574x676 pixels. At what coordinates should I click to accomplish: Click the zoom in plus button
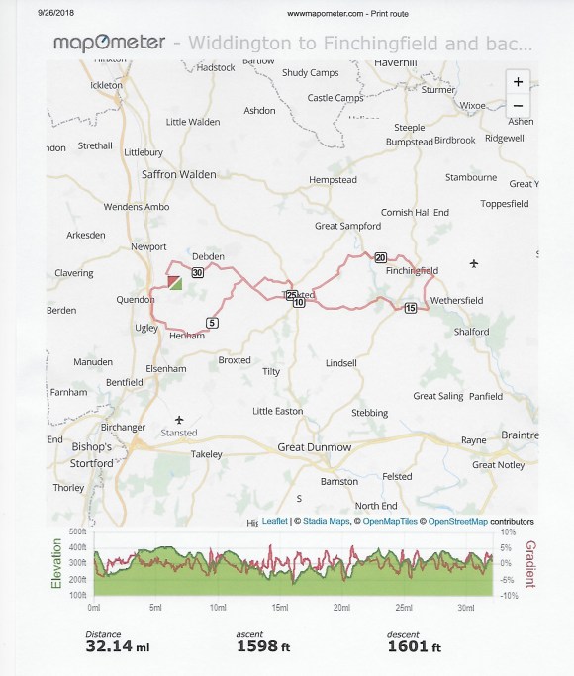click(520, 82)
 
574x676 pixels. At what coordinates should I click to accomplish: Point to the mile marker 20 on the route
click(381, 257)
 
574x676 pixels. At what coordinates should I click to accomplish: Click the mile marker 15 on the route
click(411, 309)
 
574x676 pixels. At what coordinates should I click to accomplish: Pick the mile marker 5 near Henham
click(212, 322)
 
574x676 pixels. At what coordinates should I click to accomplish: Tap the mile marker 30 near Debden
click(197, 273)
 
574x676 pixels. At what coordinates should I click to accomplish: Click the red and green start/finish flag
click(174, 283)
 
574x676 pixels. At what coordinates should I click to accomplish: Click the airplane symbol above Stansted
click(179, 419)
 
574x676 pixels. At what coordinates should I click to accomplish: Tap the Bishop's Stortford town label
click(95, 454)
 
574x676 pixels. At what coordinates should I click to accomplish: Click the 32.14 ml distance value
click(118, 648)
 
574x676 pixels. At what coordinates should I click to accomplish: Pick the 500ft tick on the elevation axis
click(80, 532)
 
